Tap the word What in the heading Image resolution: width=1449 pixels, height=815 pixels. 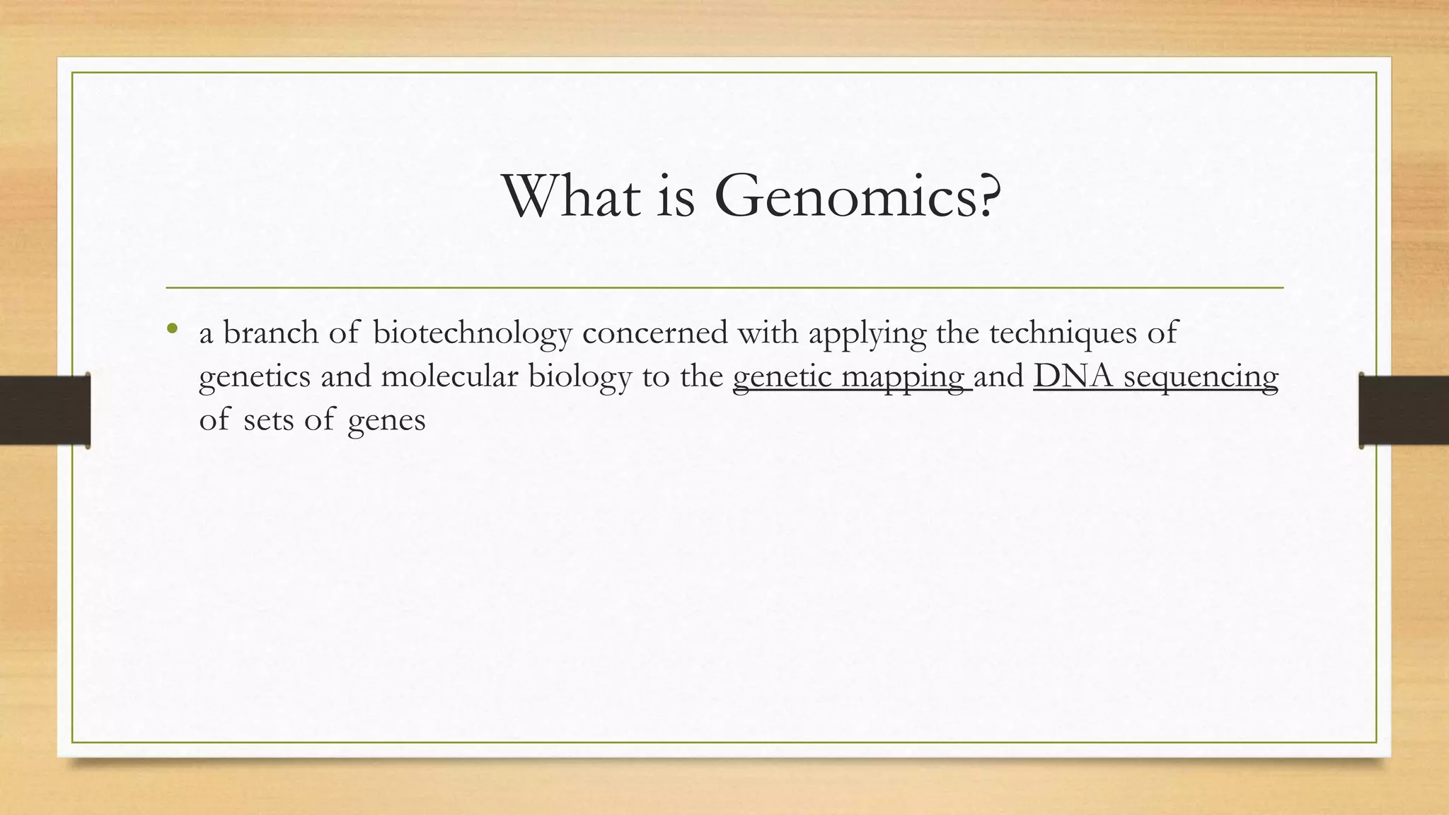pos(570,197)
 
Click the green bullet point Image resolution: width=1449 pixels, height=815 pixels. pos(172,328)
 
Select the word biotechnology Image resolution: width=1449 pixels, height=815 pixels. pos(472,333)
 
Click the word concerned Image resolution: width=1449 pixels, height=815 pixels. pos(654,333)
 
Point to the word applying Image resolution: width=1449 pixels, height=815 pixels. pos(867,333)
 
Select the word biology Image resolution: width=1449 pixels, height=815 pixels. pos(579,376)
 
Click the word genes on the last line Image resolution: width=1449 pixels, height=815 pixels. pos(386,420)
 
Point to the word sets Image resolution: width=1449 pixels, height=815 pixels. pos(268,420)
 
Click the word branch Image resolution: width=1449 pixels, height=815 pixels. pos(270,333)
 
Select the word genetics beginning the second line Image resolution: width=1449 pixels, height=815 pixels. pos(255,376)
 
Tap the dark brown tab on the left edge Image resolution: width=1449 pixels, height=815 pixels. pos(44,410)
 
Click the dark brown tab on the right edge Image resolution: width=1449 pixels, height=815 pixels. pos(1404,410)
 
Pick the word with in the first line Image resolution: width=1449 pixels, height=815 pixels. pos(768,333)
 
